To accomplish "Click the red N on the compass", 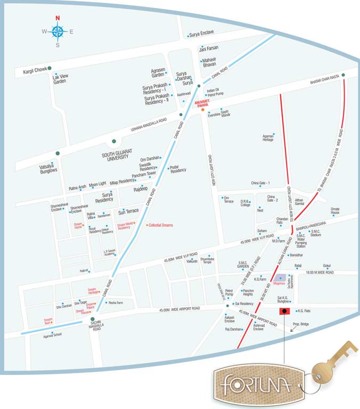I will click(x=58, y=18).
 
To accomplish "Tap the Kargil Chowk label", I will click(x=35, y=70).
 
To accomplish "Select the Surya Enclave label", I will click(x=202, y=33).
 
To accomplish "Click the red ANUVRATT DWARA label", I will click(x=203, y=103).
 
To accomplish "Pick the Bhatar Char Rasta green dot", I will click(x=343, y=75).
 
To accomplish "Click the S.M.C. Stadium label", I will click(x=315, y=233).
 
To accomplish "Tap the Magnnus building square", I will click(x=281, y=279).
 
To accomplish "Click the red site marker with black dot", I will click(x=284, y=310).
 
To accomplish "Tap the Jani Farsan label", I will click(x=208, y=48).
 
